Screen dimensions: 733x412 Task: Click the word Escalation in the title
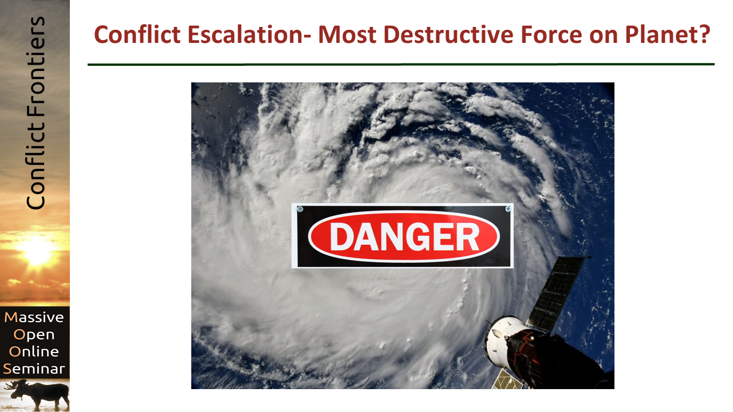coord(245,34)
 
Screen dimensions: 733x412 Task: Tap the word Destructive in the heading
coord(448,34)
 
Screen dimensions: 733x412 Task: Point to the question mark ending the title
coord(702,34)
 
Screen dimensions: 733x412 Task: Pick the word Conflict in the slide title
coord(137,34)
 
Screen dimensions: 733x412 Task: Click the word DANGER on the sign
coord(404,237)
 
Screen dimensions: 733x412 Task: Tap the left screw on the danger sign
coord(300,209)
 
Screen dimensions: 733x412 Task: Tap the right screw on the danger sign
coord(508,209)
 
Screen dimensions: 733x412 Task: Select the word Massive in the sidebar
coord(34,318)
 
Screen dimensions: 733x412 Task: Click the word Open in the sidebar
coord(34,335)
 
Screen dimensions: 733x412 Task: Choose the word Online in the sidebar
coord(34,352)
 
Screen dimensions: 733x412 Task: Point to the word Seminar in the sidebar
coord(34,369)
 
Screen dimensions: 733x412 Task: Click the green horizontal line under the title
coord(401,65)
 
